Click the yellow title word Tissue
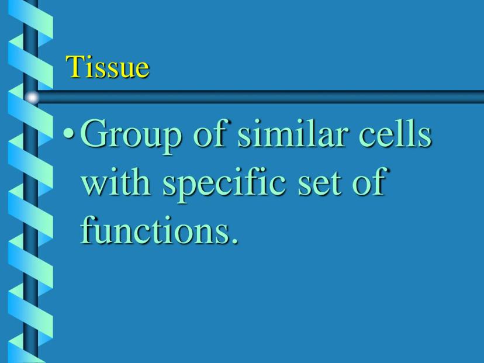(x=108, y=67)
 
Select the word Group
(x=130, y=136)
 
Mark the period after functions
(x=234, y=240)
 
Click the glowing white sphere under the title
(x=32, y=98)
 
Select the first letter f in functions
(x=88, y=229)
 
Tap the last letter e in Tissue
(x=143, y=70)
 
